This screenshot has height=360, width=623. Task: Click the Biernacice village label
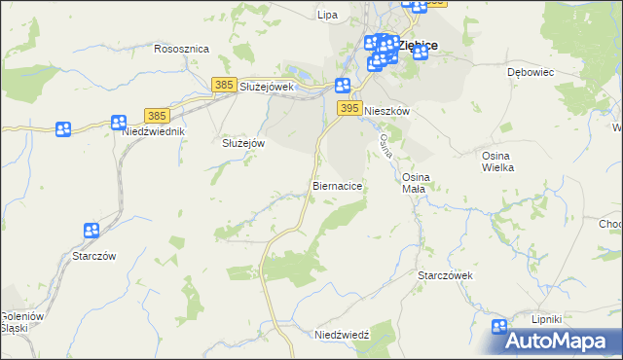tap(339, 185)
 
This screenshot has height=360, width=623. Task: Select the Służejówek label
tap(267, 87)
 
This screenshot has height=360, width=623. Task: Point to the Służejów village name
tap(244, 142)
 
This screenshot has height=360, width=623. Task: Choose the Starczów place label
tap(94, 256)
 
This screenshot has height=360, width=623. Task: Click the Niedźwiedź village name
tap(343, 335)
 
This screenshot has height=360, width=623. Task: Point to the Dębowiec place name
tap(531, 72)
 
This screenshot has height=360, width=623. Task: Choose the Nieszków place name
tap(386, 112)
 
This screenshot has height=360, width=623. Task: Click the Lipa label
tap(327, 15)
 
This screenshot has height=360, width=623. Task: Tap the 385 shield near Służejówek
tap(224, 86)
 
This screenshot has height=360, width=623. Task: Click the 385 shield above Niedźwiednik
tap(158, 115)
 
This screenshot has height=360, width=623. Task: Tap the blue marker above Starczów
tap(92, 231)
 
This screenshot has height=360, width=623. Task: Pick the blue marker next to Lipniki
tap(500, 328)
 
